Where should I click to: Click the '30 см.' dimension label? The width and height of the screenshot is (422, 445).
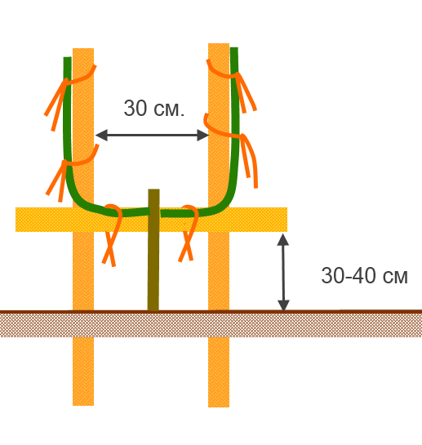pyautogui.click(x=154, y=108)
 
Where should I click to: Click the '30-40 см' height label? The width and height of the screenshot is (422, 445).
pyautogui.click(x=364, y=275)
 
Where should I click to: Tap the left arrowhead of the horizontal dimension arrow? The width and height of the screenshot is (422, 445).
pyautogui.click(x=101, y=135)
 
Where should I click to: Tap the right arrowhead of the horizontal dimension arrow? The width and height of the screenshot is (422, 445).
pyautogui.click(x=203, y=135)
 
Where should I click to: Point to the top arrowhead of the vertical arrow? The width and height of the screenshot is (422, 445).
pyautogui.click(x=283, y=240)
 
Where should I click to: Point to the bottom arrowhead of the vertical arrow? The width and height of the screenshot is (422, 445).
pyautogui.click(x=283, y=305)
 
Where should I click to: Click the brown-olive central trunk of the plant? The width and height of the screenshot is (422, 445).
pyautogui.click(x=153, y=250)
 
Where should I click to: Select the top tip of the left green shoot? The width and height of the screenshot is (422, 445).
pyautogui.click(x=67, y=58)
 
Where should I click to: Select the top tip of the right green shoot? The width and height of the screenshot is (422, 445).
pyautogui.click(x=234, y=48)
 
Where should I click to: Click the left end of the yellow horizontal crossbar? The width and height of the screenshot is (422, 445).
pyautogui.click(x=16, y=220)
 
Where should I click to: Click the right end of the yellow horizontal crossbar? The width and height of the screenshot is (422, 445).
pyautogui.click(x=287, y=220)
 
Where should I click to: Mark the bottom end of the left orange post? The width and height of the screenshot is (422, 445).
pyautogui.click(x=83, y=405)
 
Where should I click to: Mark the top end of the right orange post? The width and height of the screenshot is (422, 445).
pyautogui.click(x=219, y=44)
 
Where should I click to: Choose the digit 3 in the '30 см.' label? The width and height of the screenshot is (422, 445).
pyautogui.click(x=130, y=108)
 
